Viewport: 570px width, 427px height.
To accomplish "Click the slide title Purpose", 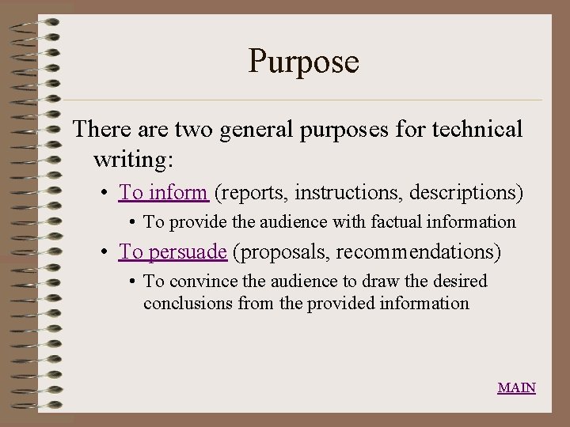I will coord(304,61).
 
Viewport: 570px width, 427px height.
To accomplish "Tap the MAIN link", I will coord(516,387).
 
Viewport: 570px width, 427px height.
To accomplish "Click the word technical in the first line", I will coord(471,129).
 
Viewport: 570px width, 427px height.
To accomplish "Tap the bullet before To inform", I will coord(105,193).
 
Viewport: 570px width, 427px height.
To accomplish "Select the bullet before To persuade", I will coord(105,252).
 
